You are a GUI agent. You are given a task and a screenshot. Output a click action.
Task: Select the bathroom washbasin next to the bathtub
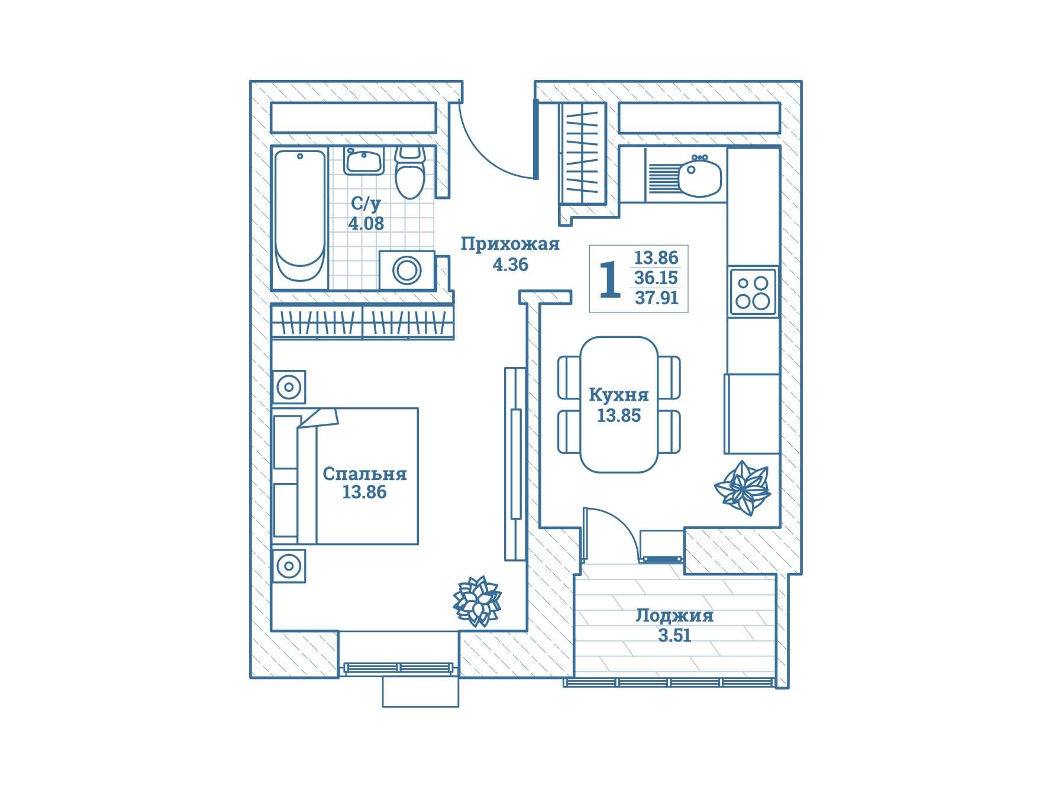click(363, 160)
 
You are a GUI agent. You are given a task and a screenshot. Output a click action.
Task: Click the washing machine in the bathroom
click(407, 270)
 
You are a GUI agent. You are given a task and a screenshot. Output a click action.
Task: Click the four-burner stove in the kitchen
click(753, 292)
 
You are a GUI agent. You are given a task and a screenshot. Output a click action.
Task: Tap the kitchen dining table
click(619, 404)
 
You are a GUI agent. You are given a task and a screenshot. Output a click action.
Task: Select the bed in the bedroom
click(346, 476)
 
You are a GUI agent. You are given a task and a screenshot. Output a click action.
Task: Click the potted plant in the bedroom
click(477, 601)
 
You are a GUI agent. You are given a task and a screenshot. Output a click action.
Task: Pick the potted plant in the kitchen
click(742, 487)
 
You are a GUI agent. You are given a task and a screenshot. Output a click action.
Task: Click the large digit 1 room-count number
click(610, 279)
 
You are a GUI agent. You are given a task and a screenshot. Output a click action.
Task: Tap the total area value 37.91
click(656, 298)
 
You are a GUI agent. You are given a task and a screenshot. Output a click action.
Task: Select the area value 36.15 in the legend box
click(656, 278)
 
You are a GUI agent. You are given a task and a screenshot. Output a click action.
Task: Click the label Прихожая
click(510, 244)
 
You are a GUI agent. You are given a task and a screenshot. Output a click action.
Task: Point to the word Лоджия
click(675, 616)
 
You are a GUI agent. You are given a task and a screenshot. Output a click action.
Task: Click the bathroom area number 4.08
click(366, 224)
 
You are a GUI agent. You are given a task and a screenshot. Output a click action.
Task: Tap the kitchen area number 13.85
click(619, 416)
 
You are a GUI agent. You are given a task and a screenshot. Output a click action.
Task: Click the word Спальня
click(364, 474)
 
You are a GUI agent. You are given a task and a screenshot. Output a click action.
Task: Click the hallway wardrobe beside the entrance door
click(583, 153)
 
